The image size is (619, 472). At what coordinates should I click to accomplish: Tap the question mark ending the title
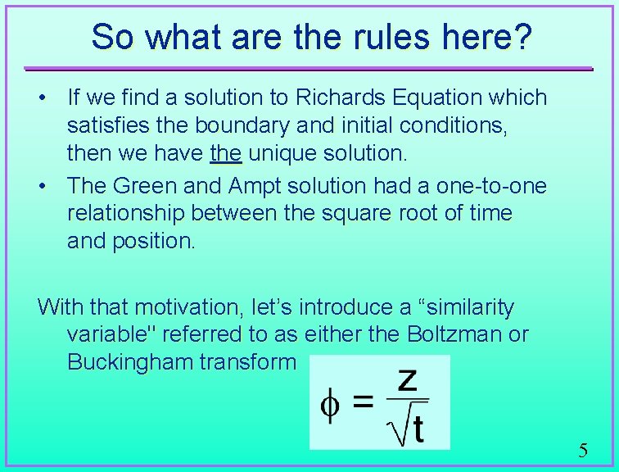click(x=522, y=36)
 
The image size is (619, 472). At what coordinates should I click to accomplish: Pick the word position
click(x=152, y=242)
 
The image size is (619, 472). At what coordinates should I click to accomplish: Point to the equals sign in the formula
click(x=362, y=403)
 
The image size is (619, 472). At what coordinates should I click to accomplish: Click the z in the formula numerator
click(x=407, y=379)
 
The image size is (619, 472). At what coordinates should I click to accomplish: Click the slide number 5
click(x=583, y=450)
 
